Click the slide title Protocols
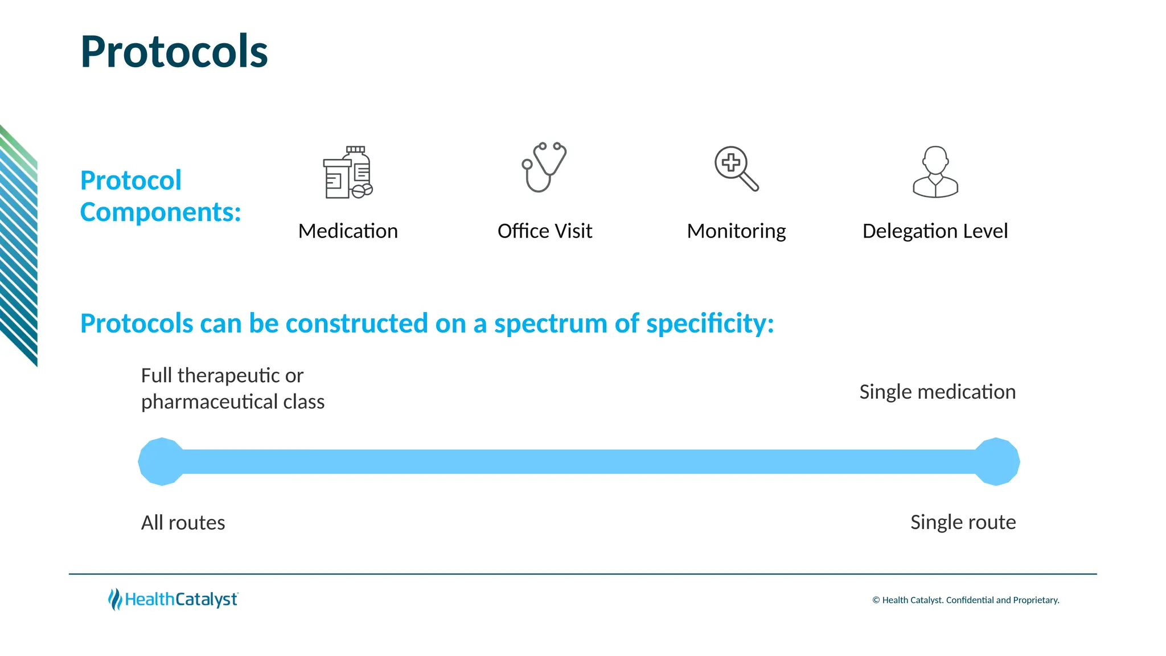(174, 52)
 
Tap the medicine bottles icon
(347, 173)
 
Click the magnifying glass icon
(736, 169)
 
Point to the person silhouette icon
(935, 172)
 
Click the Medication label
(348, 231)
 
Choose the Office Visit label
(544, 231)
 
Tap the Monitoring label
(736, 231)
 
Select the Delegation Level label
(935, 231)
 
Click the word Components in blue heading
(160, 212)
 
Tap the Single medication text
(937, 392)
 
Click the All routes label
(183, 523)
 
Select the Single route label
(963, 522)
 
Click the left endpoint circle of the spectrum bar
(162, 462)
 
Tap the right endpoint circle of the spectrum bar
(996, 462)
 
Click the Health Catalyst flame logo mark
(115, 599)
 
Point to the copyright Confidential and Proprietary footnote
(966, 600)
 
